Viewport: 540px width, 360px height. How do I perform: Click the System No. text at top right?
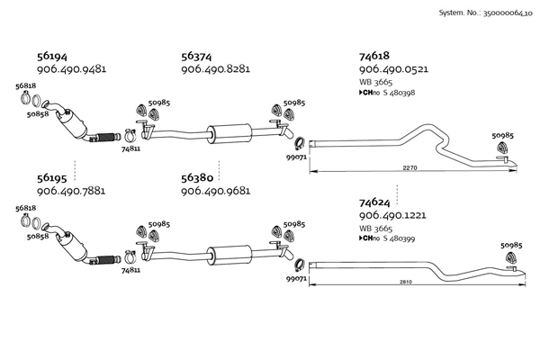(485, 13)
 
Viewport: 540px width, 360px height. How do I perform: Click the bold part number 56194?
(51, 56)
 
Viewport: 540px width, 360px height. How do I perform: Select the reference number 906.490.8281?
(216, 69)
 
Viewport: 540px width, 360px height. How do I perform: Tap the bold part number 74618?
(374, 56)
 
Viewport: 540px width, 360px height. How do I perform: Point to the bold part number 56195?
(51, 178)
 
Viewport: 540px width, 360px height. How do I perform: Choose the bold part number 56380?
(197, 178)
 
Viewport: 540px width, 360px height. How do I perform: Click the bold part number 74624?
(374, 202)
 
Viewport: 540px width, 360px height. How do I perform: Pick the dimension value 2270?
(409, 168)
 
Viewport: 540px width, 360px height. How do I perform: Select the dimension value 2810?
(406, 282)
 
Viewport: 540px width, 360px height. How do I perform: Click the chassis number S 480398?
(399, 93)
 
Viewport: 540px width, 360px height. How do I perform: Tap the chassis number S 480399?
(399, 238)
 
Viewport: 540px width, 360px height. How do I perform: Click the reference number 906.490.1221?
(392, 215)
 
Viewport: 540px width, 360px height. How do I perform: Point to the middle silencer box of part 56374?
(229, 134)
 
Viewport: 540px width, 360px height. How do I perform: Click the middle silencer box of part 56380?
(229, 256)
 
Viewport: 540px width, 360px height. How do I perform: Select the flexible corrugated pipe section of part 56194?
(106, 137)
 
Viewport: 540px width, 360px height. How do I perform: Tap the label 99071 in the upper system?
(296, 157)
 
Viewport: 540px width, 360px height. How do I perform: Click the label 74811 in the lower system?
(130, 270)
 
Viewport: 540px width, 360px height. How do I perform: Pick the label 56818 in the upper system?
(26, 85)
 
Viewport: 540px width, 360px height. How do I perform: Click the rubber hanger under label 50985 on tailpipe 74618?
(503, 148)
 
